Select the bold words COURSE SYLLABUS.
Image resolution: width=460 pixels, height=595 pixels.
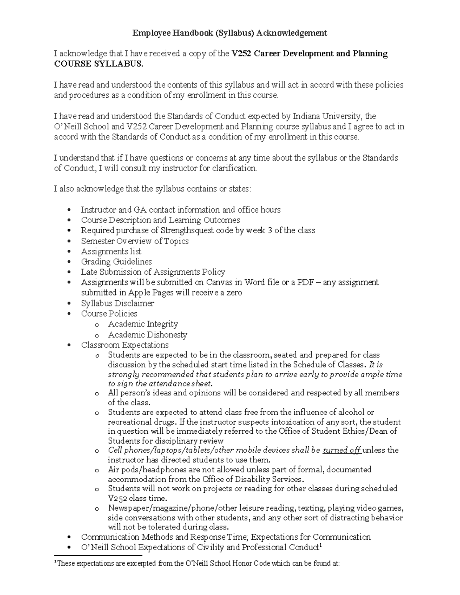[x=98, y=64]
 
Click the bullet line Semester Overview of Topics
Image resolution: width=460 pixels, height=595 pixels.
[x=135, y=241]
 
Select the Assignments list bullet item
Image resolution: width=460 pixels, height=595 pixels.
[x=111, y=251]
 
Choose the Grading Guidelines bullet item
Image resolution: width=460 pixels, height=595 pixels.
[x=116, y=262]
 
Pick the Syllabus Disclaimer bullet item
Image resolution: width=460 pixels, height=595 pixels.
[x=117, y=303]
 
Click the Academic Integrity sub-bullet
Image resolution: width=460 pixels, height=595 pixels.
[x=143, y=324]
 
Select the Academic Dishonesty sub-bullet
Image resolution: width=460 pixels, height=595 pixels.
[x=147, y=335]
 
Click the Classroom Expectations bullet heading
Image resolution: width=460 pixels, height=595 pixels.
[x=125, y=345]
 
